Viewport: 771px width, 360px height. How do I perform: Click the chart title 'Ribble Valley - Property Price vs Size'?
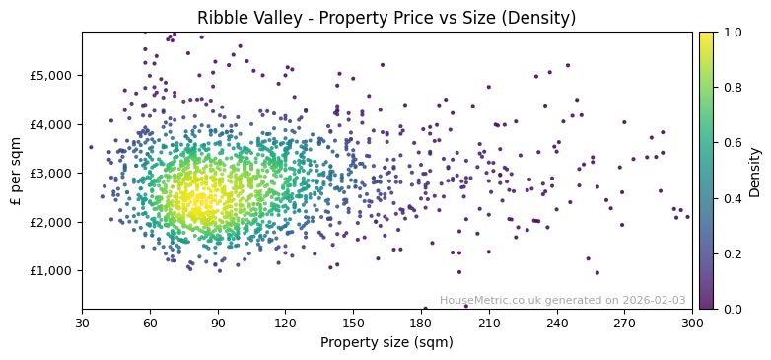(x=386, y=18)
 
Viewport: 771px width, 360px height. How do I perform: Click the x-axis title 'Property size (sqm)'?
(x=386, y=342)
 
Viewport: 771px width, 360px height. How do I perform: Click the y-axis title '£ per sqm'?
(x=17, y=171)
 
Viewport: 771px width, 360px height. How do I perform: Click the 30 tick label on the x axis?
(x=82, y=323)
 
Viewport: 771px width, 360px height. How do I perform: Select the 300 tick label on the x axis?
(x=692, y=323)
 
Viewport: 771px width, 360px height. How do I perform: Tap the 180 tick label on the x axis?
(x=421, y=323)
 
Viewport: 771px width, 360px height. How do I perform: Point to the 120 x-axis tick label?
(x=285, y=323)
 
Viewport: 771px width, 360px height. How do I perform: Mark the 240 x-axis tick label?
(x=556, y=323)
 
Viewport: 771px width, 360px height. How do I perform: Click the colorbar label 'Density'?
(x=755, y=171)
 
